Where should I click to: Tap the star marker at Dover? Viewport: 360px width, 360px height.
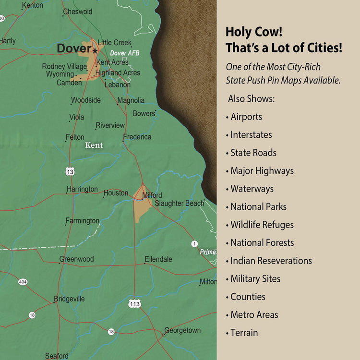pos(95,50)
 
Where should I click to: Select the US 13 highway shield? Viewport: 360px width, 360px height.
pos(71,171)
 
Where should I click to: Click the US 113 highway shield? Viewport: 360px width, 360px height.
pos(135,303)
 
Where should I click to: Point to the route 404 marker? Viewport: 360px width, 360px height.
pos(23,282)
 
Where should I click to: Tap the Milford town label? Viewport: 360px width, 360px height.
pos(152,195)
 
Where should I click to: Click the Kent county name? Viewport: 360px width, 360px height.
pos(94,145)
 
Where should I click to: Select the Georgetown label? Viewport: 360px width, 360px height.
pos(182,330)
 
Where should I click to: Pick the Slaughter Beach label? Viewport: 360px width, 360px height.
pos(179,204)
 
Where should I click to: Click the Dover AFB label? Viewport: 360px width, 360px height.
pos(124,53)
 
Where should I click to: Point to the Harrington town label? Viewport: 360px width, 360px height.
pos(82,190)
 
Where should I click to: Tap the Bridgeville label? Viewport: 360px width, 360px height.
pos(69,299)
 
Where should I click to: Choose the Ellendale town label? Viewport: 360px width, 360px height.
pos(158,259)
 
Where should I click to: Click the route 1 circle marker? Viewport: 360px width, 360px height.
pos(194,244)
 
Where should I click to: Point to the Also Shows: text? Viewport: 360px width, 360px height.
pos(251,99)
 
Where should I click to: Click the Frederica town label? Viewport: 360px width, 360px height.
pos(137,137)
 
